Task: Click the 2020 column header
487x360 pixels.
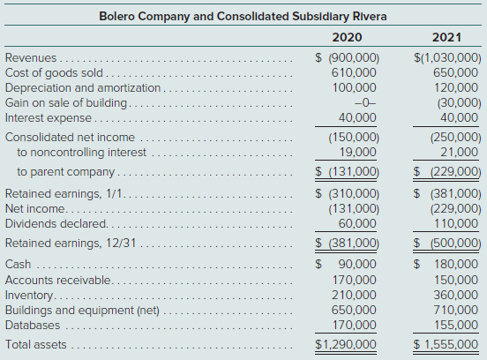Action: (347, 38)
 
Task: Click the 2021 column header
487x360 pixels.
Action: (446, 38)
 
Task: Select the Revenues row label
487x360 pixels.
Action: (31, 57)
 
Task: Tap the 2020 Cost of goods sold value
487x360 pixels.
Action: (354, 72)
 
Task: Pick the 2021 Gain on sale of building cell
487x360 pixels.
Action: (459, 103)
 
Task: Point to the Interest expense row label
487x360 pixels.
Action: (49, 118)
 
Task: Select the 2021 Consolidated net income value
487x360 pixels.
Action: (455, 138)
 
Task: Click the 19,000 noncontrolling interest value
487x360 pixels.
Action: (357, 152)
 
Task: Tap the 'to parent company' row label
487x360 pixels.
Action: (66, 172)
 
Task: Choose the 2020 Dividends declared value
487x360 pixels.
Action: (357, 223)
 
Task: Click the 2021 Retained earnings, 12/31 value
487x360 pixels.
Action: (447, 243)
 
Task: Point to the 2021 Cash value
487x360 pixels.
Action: (446, 265)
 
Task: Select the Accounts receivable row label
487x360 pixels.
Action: (57, 281)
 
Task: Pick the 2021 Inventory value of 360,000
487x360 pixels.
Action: (456, 295)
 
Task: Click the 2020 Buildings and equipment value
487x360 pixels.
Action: (354, 310)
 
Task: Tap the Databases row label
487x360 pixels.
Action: (33, 326)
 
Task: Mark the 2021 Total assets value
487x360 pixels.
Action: (446, 344)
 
